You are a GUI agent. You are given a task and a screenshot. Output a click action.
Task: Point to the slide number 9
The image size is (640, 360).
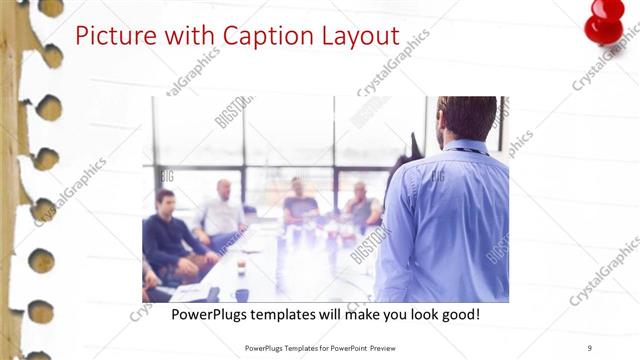click(589, 347)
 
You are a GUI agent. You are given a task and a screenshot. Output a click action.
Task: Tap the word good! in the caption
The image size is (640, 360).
click(459, 313)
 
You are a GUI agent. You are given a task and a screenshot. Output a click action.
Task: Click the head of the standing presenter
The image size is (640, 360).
click(465, 118)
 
